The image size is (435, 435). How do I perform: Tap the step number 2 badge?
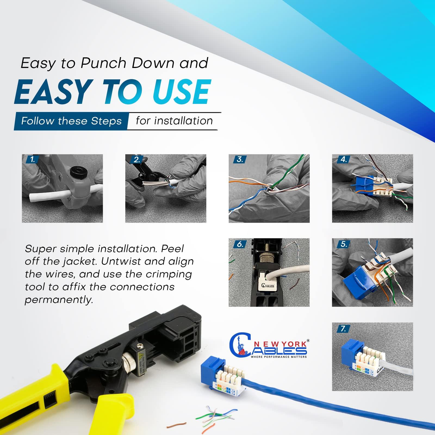136,160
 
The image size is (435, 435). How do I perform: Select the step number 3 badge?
240,160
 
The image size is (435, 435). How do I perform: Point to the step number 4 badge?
343,160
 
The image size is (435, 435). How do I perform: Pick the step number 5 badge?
343,244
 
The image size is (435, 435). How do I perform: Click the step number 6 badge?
240,244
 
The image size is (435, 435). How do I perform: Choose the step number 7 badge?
343,328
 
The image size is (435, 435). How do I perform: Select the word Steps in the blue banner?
106,121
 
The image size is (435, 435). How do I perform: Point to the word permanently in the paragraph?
59,300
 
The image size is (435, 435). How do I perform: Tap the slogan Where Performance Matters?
279,357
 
